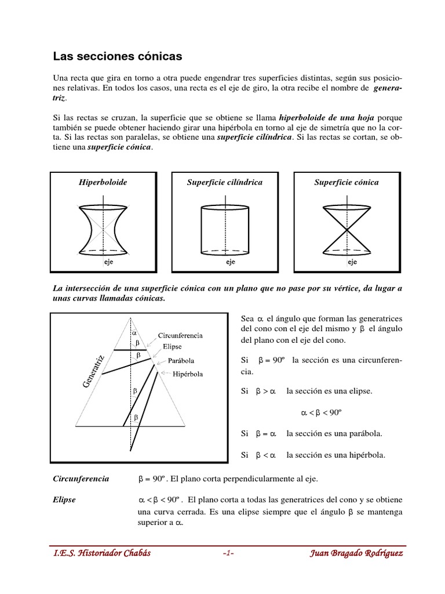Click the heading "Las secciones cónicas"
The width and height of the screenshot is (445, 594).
pos(118,56)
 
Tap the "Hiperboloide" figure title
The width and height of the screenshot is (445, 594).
pos(103,182)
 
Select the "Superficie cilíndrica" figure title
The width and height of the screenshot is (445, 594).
pos(225,182)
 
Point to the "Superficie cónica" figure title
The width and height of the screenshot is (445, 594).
pos(346,182)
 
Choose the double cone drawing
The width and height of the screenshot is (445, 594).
pos(346,227)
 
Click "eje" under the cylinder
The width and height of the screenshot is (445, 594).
pos(230,262)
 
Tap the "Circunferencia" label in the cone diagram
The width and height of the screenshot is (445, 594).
pos(180,336)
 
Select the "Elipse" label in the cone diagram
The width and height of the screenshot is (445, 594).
pos(172,347)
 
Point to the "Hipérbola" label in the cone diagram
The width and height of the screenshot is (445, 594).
pos(188,374)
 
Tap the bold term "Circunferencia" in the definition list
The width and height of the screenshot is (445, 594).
pos(81,479)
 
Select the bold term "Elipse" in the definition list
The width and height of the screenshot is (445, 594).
pos(64,499)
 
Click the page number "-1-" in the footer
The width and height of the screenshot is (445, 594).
pos(228,553)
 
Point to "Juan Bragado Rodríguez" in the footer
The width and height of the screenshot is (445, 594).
pos(357,553)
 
